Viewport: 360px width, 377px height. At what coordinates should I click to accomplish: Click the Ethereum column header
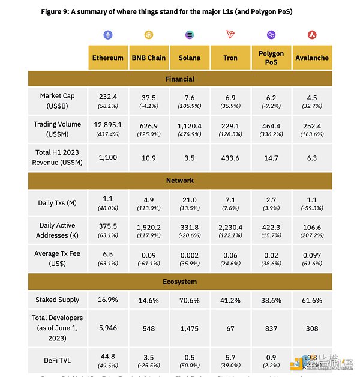pyautogui.click(x=108, y=58)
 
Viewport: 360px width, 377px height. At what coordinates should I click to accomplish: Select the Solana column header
pyautogui.click(x=190, y=58)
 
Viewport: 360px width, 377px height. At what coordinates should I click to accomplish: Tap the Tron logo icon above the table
pyautogui.click(x=230, y=35)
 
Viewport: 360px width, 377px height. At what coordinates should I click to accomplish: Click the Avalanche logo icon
pyautogui.click(x=312, y=35)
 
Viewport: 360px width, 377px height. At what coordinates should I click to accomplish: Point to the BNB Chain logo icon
pyautogui.click(x=149, y=35)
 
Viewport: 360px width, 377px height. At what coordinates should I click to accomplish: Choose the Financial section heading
pyautogui.click(x=179, y=79)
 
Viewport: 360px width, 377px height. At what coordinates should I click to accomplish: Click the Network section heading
pyautogui.click(x=179, y=180)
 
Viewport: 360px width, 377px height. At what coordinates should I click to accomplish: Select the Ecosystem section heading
pyautogui.click(x=179, y=282)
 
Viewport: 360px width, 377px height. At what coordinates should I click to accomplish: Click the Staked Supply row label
pyautogui.click(x=58, y=299)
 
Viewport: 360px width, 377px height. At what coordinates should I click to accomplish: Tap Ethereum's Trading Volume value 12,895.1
pyautogui.click(x=108, y=124)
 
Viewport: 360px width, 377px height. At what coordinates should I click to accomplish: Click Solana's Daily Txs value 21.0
pyautogui.click(x=190, y=199)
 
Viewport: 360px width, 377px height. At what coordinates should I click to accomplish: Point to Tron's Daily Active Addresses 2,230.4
pyautogui.click(x=230, y=226)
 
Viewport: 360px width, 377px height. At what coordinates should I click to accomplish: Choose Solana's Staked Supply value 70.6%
pyautogui.click(x=190, y=300)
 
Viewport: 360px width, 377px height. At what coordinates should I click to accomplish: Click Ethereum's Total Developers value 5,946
pyautogui.click(x=108, y=328)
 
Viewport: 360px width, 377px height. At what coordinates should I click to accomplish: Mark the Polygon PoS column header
pyautogui.click(x=271, y=58)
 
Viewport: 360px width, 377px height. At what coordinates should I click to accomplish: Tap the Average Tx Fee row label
pyautogui.click(x=58, y=258)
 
